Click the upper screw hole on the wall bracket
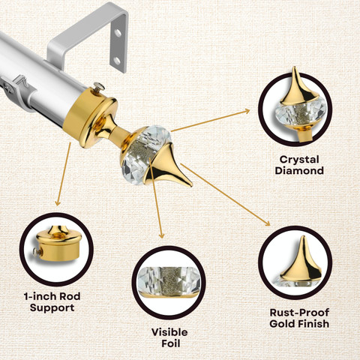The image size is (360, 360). [118, 33]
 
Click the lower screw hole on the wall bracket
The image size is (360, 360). [117, 60]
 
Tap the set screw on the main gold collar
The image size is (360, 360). [99, 87]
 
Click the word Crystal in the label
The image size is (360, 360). [299, 160]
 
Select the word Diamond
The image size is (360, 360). [299, 171]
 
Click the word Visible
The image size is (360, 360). [169, 332]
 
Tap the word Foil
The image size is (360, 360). [170, 343]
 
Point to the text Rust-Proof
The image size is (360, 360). [299, 313]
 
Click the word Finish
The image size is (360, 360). [313, 324]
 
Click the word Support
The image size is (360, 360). [52, 307]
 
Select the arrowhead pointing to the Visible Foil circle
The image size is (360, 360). [162, 235]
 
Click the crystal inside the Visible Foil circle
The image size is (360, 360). [169, 280]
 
